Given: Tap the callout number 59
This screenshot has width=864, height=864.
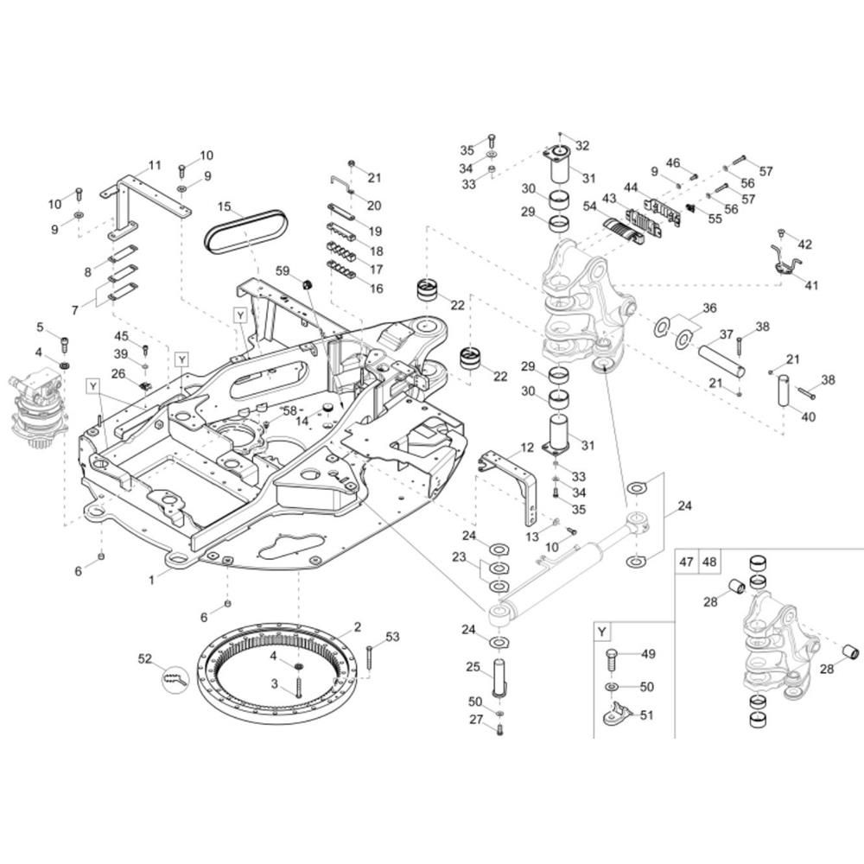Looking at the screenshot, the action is coord(283,270).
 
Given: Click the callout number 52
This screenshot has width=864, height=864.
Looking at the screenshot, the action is coord(145,659).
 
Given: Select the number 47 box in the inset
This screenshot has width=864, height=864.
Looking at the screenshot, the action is coord(687,562).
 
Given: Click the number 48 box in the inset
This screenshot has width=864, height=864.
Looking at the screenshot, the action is coord(709,562).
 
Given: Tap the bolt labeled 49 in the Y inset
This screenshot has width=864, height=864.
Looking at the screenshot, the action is coord(611,659).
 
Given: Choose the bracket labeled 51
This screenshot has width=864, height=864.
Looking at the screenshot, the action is coord(615,715).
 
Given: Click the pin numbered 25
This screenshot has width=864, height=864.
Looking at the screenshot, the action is coord(499,677).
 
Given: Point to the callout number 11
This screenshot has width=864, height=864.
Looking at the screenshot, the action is coord(155,165).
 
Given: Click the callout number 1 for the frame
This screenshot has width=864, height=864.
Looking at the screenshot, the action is coord(151,581).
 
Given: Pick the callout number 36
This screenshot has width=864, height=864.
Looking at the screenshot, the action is coord(709,308).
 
